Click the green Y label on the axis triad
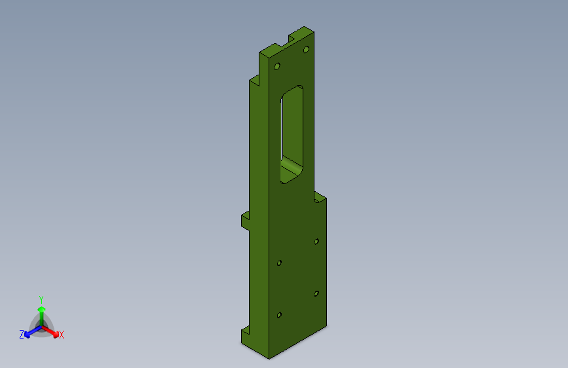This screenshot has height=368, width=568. (41, 299)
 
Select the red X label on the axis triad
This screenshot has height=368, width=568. (62, 335)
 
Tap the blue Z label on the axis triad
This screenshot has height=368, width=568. (22, 335)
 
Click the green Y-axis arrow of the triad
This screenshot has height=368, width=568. (41, 312)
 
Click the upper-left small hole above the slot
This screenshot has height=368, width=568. (277, 67)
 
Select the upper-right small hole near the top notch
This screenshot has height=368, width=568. (306, 50)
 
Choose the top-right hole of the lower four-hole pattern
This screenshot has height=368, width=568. (316, 242)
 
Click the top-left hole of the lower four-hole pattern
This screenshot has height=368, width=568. (280, 263)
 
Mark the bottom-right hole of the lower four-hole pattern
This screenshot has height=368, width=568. (316, 293)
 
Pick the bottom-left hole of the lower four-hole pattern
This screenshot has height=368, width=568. (280, 315)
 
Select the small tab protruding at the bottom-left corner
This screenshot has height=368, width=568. (245, 335)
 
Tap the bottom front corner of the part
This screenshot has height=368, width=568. (269, 358)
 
